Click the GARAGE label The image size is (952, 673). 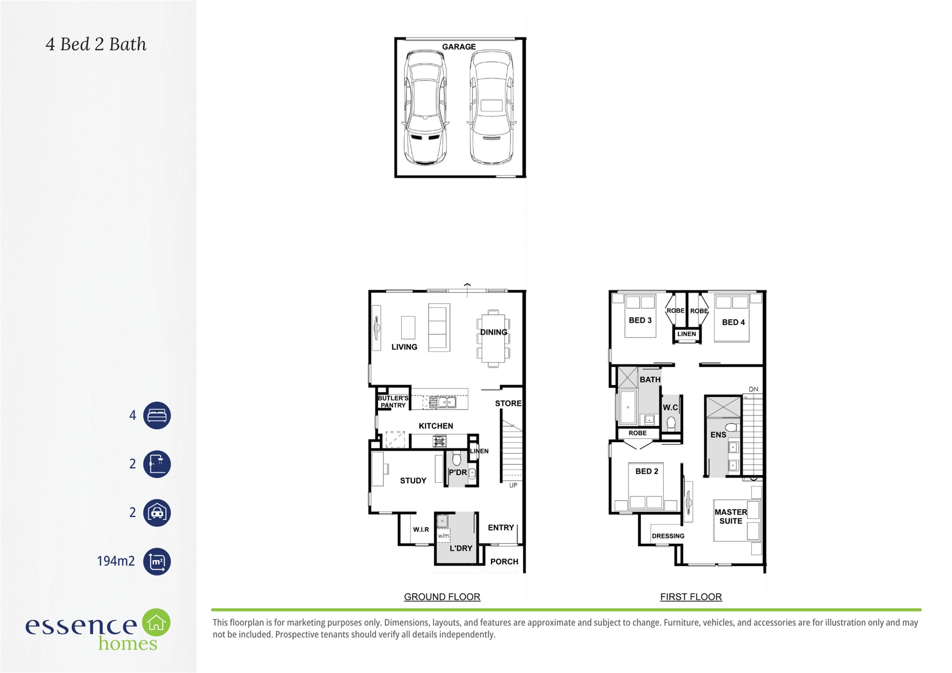459,47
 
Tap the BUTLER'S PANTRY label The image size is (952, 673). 393,402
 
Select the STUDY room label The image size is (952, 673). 413,481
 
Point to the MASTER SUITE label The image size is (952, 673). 731,516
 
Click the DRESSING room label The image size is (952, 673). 668,536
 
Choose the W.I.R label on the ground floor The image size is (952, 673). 421,529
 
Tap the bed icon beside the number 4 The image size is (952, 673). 157,416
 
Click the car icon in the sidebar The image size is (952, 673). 157,513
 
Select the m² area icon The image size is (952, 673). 157,562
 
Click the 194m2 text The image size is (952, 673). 116,561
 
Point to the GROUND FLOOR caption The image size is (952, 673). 442,597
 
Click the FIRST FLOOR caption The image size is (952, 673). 691,597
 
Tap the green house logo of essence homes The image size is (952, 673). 156,623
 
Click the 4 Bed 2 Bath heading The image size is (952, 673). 96,44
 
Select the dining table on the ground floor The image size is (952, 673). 493,338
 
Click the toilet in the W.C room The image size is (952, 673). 671,423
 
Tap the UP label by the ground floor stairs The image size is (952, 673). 513,485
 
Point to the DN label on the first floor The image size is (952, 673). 754,389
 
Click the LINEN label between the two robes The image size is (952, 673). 686,334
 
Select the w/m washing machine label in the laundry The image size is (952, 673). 443,536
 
